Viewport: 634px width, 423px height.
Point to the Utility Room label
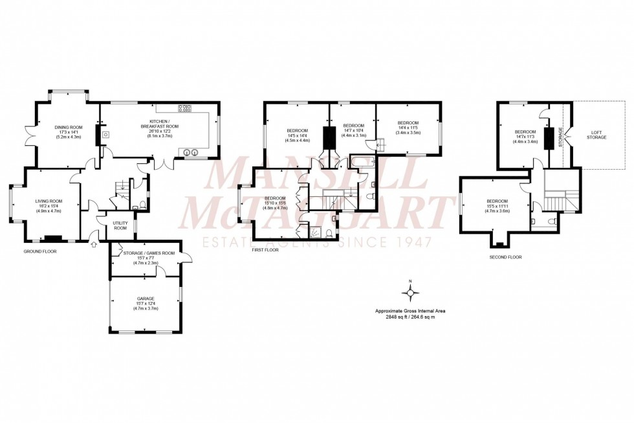[120, 225]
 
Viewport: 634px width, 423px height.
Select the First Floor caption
[265, 249]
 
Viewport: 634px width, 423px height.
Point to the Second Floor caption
[506, 257]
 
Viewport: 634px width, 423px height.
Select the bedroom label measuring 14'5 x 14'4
[297, 135]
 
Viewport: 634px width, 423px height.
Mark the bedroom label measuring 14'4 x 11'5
[408, 128]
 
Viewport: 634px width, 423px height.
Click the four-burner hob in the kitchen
[184, 109]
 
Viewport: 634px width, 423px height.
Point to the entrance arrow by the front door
[95, 245]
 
